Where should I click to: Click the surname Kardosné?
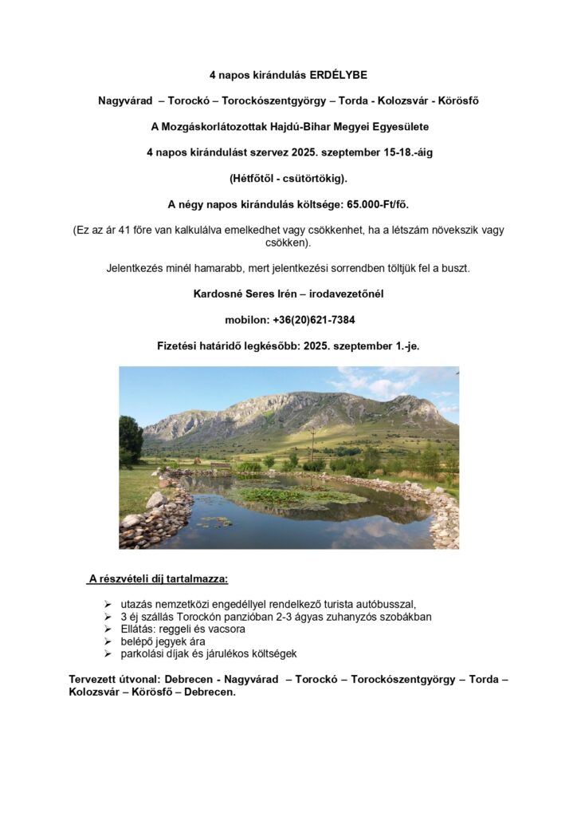click(218, 294)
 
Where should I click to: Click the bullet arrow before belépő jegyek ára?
click(108, 641)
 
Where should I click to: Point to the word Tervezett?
click(94, 680)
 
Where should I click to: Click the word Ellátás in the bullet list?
click(139, 630)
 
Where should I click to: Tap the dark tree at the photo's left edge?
click(130, 439)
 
